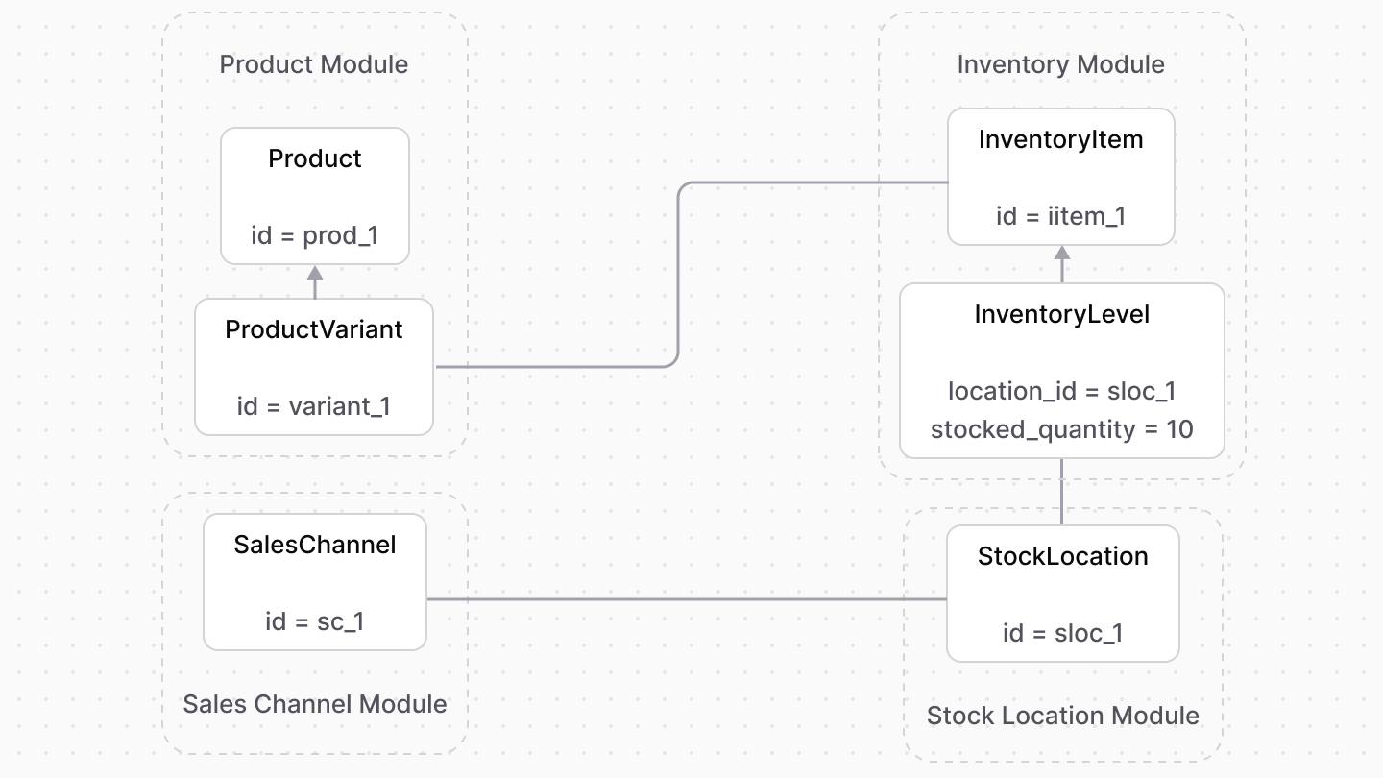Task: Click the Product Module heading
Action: [314, 64]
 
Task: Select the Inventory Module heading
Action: [1060, 64]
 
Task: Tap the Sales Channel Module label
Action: [314, 704]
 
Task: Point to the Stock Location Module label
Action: [1062, 716]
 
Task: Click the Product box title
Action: [314, 158]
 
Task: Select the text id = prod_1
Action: [314, 235]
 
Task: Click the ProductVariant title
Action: [314, 329]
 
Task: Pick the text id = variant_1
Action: [314, 406]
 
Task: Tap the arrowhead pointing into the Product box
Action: [314, 274]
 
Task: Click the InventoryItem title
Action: [1060, 139]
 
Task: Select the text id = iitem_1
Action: [1060, 216]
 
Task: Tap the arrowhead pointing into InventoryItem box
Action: [1062, 255]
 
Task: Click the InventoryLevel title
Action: [1061, 314]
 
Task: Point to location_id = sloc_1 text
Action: [1061, 391]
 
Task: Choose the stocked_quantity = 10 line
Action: [1061, 429]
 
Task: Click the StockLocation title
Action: [1062, 556]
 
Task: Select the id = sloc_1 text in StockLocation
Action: [1062, 633]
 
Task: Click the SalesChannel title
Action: [314, 545]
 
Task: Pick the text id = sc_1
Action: [314, 621]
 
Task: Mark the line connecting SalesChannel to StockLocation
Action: [687, 599]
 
